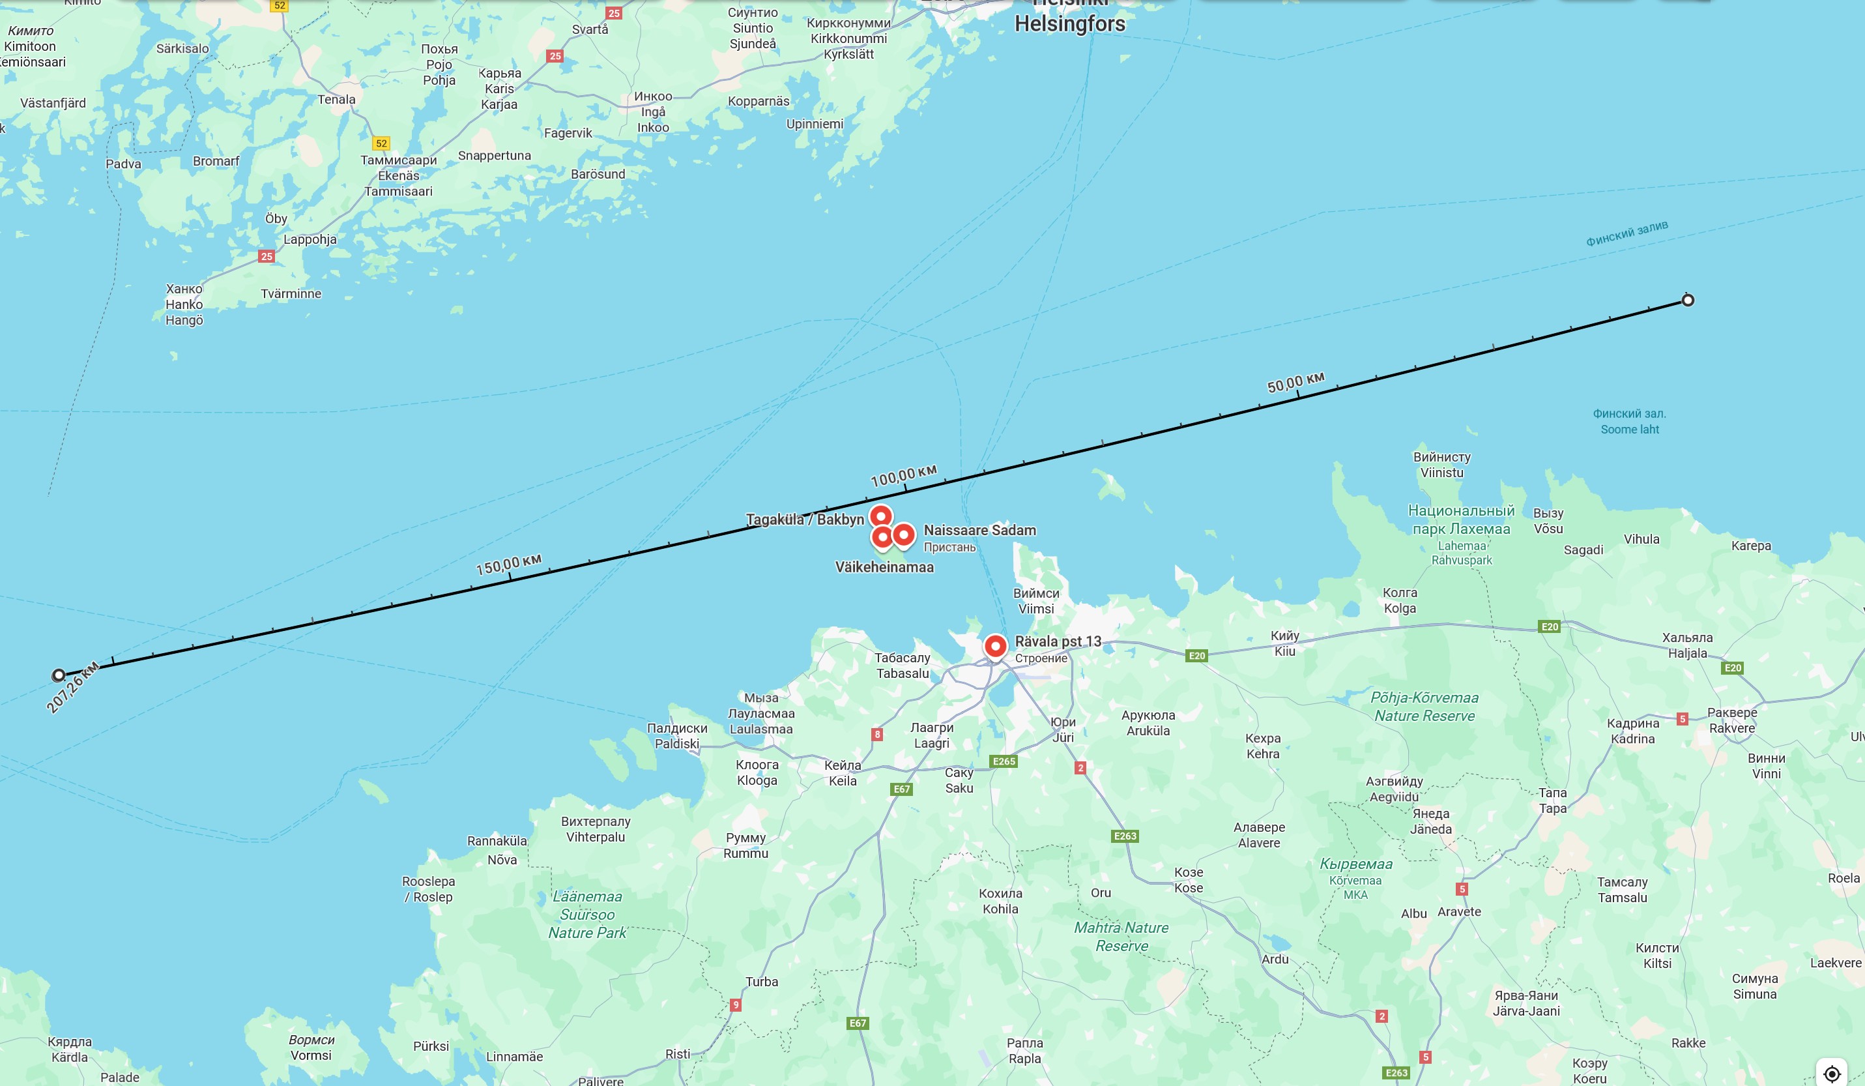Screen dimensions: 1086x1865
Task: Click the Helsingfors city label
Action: pos(1069,23)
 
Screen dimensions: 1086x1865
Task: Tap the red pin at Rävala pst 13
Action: pos(996,645)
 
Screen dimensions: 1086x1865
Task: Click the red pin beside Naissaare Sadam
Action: pos(904,534)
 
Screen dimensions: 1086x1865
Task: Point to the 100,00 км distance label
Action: pos(904,475)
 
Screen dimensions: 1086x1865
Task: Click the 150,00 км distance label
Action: pos(508,564)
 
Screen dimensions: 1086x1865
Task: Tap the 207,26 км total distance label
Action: pos(72,688)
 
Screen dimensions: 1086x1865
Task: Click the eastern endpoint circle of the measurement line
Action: pos(1688,300)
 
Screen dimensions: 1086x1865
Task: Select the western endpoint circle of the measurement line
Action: pos(59,675)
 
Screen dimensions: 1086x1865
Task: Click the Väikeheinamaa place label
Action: pos(884,567)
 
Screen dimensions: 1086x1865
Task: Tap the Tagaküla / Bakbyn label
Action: pos(805,519)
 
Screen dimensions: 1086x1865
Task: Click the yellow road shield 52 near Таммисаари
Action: pos(381,143)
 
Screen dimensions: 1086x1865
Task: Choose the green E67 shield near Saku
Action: pos(901,789)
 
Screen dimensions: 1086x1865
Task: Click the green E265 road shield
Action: pos(1004,761)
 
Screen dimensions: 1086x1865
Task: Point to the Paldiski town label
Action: pos(676,743)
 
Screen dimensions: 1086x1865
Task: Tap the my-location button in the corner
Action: pos(1832,1074)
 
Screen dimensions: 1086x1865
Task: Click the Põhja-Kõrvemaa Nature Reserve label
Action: pos(1424,706)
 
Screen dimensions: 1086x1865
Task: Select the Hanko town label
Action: pos(184,304)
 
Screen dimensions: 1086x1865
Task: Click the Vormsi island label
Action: pos(311,1055)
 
